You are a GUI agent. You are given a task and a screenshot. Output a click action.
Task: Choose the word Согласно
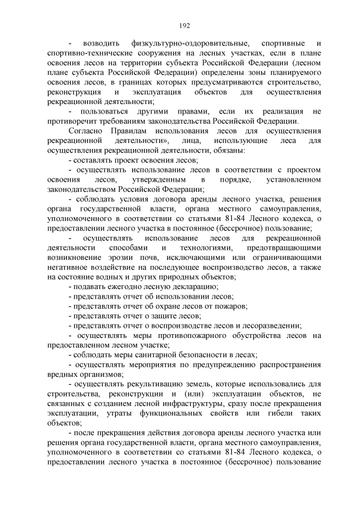pyautogui.click(x=85, y=130)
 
